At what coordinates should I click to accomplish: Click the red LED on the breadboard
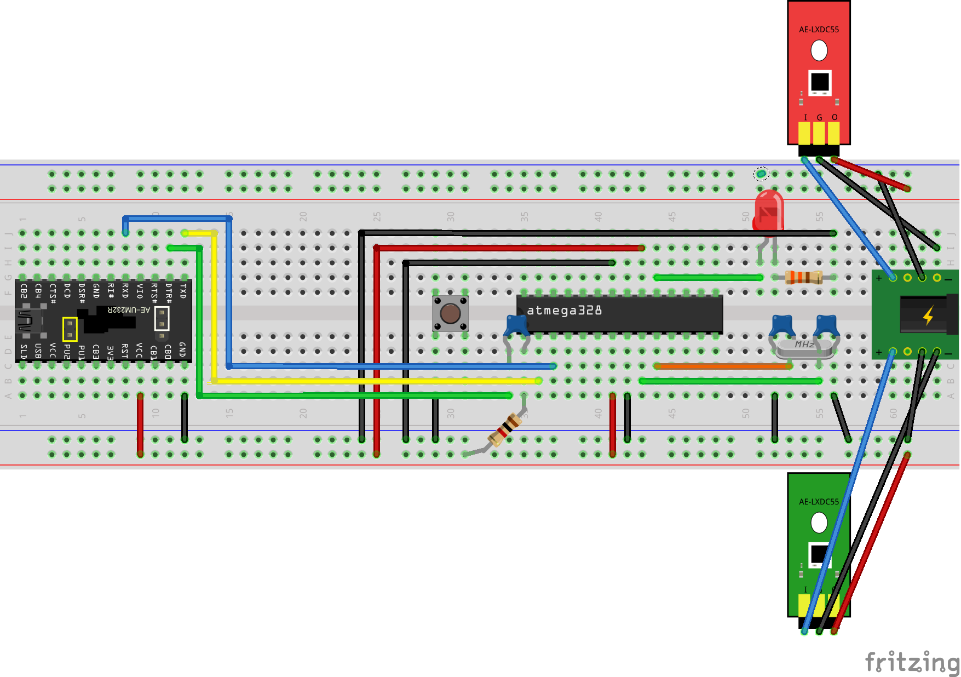tap(769, 211)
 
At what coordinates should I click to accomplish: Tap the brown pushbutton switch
tap(450, 314)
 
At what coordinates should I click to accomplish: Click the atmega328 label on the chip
tap(564, 311)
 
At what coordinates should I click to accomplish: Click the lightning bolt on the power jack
tap(928, 315)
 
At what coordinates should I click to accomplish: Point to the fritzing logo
tap(912, 662)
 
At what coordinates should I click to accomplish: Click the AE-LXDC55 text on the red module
tap(819, 30)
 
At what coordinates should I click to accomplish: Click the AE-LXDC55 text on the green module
tap(819, 502)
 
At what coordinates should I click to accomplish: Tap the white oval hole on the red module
tap(819, 51)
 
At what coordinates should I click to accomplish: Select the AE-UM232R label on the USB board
tap(128, 310)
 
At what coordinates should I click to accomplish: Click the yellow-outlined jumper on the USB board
tap(70, 329)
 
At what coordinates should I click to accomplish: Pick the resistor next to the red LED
tap(804, 278)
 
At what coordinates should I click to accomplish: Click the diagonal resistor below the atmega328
tap(505, 430)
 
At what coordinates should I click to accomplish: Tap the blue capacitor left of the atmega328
tap(516, 325)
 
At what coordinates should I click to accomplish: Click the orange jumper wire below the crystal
tap(723, 366)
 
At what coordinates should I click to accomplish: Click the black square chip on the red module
tap(820, 82)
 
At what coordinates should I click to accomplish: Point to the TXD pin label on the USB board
tap(183, 290)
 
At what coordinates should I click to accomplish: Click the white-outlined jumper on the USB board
tap(162, 318)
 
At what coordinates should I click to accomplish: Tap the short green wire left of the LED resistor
tap(708, 278)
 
